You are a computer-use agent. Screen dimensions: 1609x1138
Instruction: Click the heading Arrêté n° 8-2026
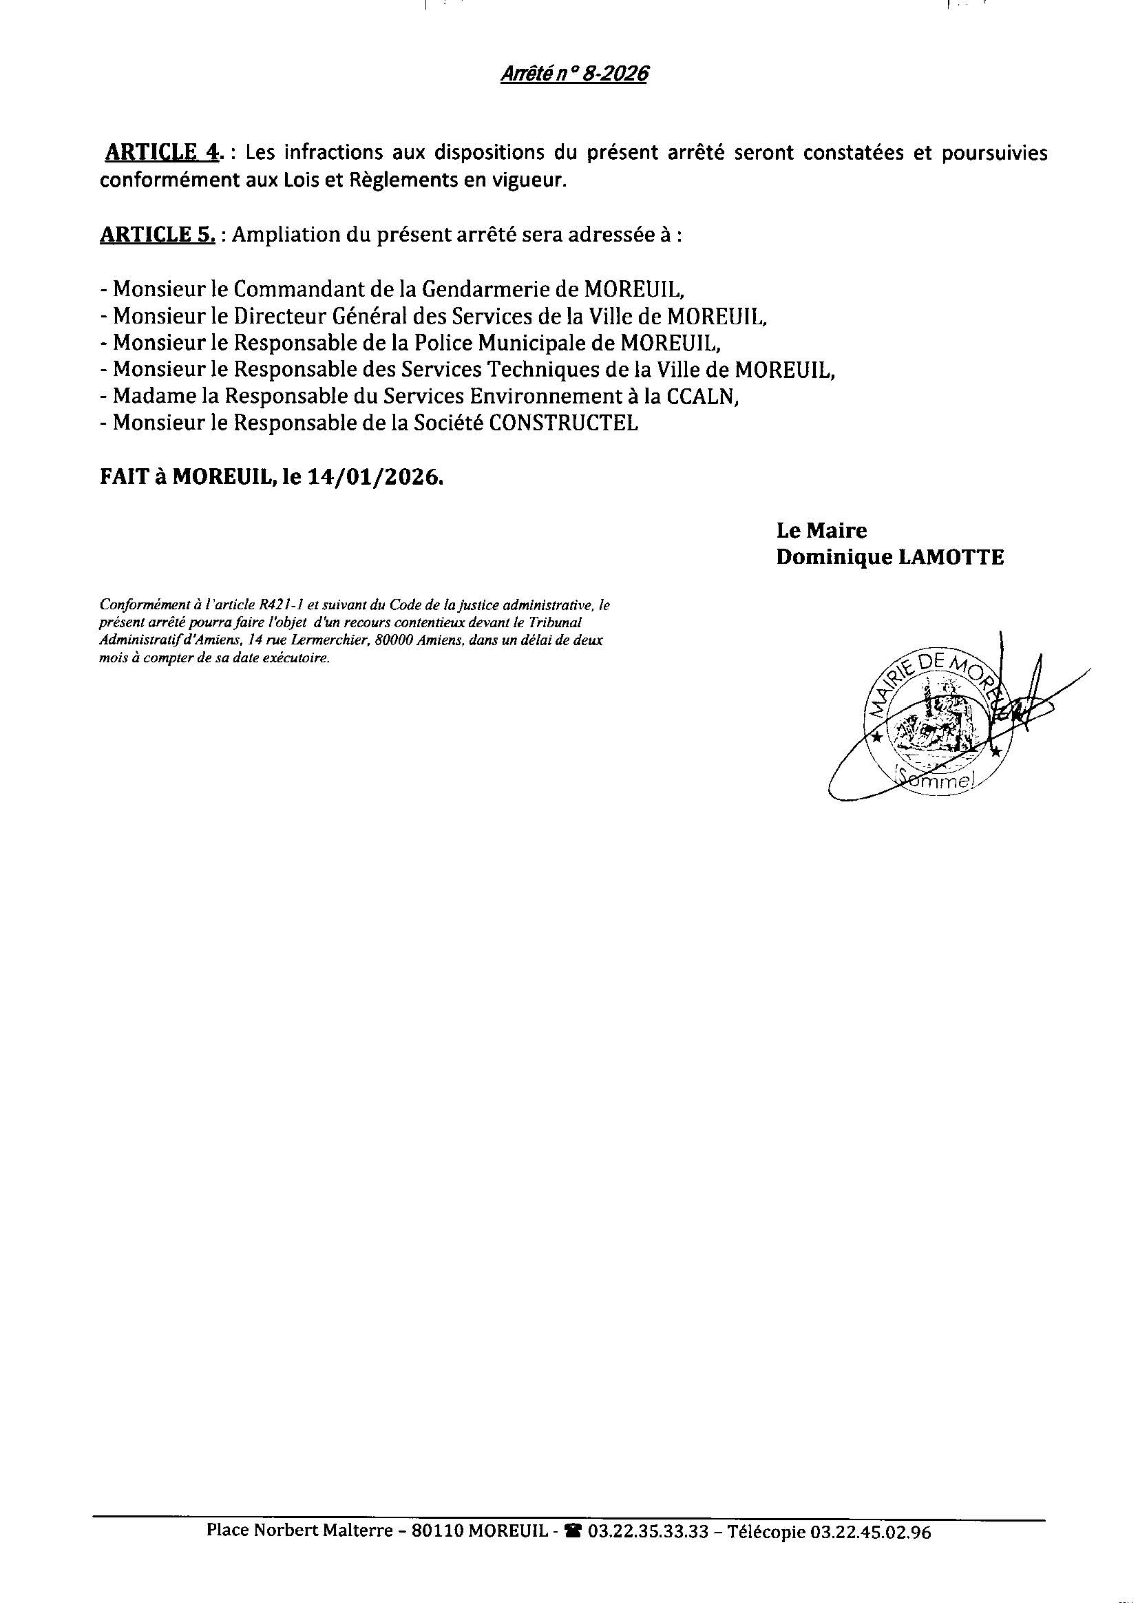coord(574,74)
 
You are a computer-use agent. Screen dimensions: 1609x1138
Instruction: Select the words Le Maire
coord(821,531)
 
